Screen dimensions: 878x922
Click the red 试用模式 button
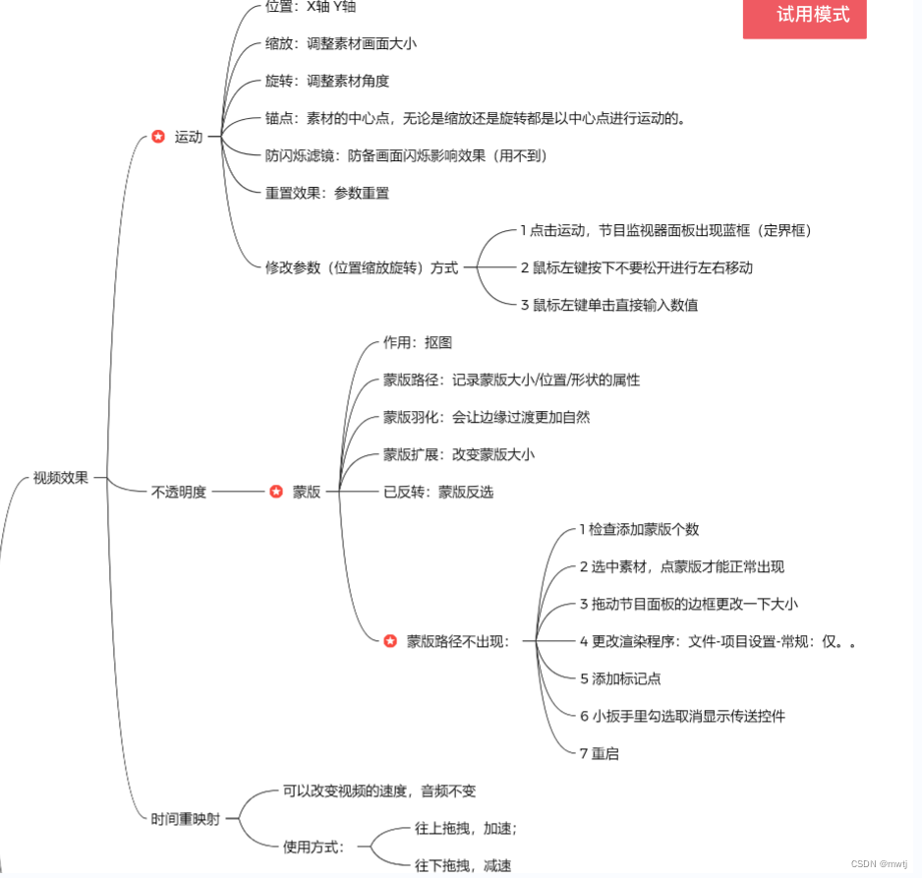[804, 16]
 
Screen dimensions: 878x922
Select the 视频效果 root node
[61, 479]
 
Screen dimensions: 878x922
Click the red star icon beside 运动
[158, 137]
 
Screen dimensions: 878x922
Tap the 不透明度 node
[179, 492]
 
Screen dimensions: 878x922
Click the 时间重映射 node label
[185, 818]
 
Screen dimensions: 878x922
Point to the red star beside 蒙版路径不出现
[390, 641]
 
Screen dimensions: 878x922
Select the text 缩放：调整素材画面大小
[341, 43]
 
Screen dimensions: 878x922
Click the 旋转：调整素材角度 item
[327, 81]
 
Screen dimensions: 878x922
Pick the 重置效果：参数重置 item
[327, 193]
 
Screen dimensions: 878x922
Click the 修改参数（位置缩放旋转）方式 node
[362, 267]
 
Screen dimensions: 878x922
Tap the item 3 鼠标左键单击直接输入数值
[609, 305]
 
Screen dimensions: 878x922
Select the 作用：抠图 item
[418, 342]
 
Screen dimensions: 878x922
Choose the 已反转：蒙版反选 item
[438, 492]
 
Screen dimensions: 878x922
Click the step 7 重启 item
[600, 753]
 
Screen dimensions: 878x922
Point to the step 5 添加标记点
[620, 678]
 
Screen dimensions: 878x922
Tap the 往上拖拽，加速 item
[466, 828]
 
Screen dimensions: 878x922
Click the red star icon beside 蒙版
[276, 492]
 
